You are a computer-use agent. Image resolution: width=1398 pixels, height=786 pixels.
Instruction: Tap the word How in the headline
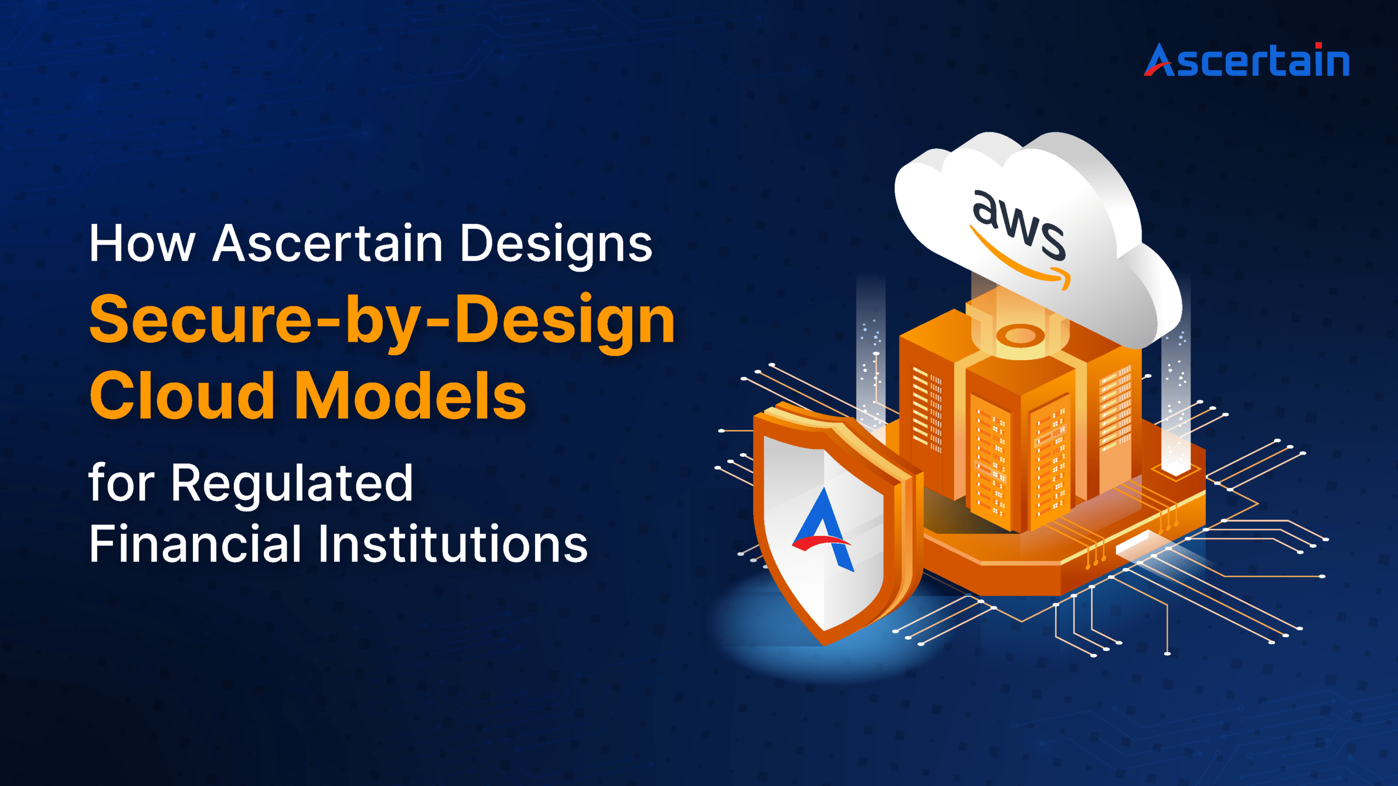pyautogui.click(x=142, y=243)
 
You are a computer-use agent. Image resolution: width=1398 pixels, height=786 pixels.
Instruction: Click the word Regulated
pyautogui.click(x=292, y=484)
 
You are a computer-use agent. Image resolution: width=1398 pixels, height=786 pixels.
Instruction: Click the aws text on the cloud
pyautogui.click(x=1019, y=224)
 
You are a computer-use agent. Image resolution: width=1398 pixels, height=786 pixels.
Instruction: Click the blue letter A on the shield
pyautogui.click(x=824, y=528)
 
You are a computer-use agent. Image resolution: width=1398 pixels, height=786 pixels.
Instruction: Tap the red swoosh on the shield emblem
pyautogui.click(x=821, y=543)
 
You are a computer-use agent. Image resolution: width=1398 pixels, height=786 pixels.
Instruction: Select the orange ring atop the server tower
pyautogui.click(x=1020, y=335)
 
